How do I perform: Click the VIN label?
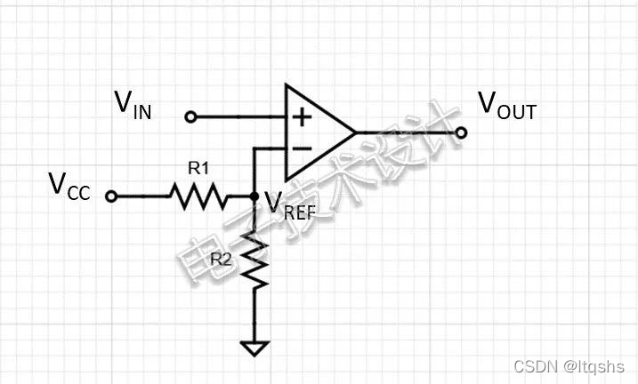click(x=133, y=105)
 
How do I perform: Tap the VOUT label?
click(x=507, y=106)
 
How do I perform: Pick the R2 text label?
click(x=223, y=260)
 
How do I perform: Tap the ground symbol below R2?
click(x=255, y=348)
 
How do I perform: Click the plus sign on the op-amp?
click(x=302, y=116)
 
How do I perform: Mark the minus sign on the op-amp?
click(x=302, y=148)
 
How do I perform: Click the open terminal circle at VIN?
click(x=190, y=116)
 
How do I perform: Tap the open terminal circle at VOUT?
click(x=461, y=133)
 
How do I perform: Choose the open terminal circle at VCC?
click(x=110, y=196)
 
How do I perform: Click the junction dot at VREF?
click(x=255, y=196)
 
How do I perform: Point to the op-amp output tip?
click(x=356, y=133)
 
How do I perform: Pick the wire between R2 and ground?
click(x=255, y=316)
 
